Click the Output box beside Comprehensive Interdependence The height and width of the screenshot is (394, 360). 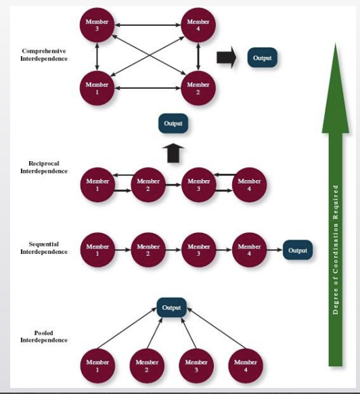pyautogui.click(x=262, y=58)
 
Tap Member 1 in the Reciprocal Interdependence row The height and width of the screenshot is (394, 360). pyautogui.click(x=97, y=185)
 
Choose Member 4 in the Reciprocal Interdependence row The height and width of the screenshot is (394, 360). pyautogui.click(x=249, y=185)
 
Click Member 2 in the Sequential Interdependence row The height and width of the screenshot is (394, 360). pyautogui.click(x=148, y=250)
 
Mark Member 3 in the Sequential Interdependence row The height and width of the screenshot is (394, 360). pyautogui.click(x=198, y=250)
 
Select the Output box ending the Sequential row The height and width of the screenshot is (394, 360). pyautogui.click(x=297, y=250)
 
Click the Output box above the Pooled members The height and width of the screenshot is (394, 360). pyautogui.click(x=172, y=308)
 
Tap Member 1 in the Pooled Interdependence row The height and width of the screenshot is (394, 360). pyautogui.click(x=97, y=366)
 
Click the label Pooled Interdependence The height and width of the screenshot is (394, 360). pyautogui.click(x=44, y=336)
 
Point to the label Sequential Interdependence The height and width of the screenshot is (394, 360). pyautogui.click(x=44, y=248)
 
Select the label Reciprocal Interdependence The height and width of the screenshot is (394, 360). pyautogui.click(x=44, y=167)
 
